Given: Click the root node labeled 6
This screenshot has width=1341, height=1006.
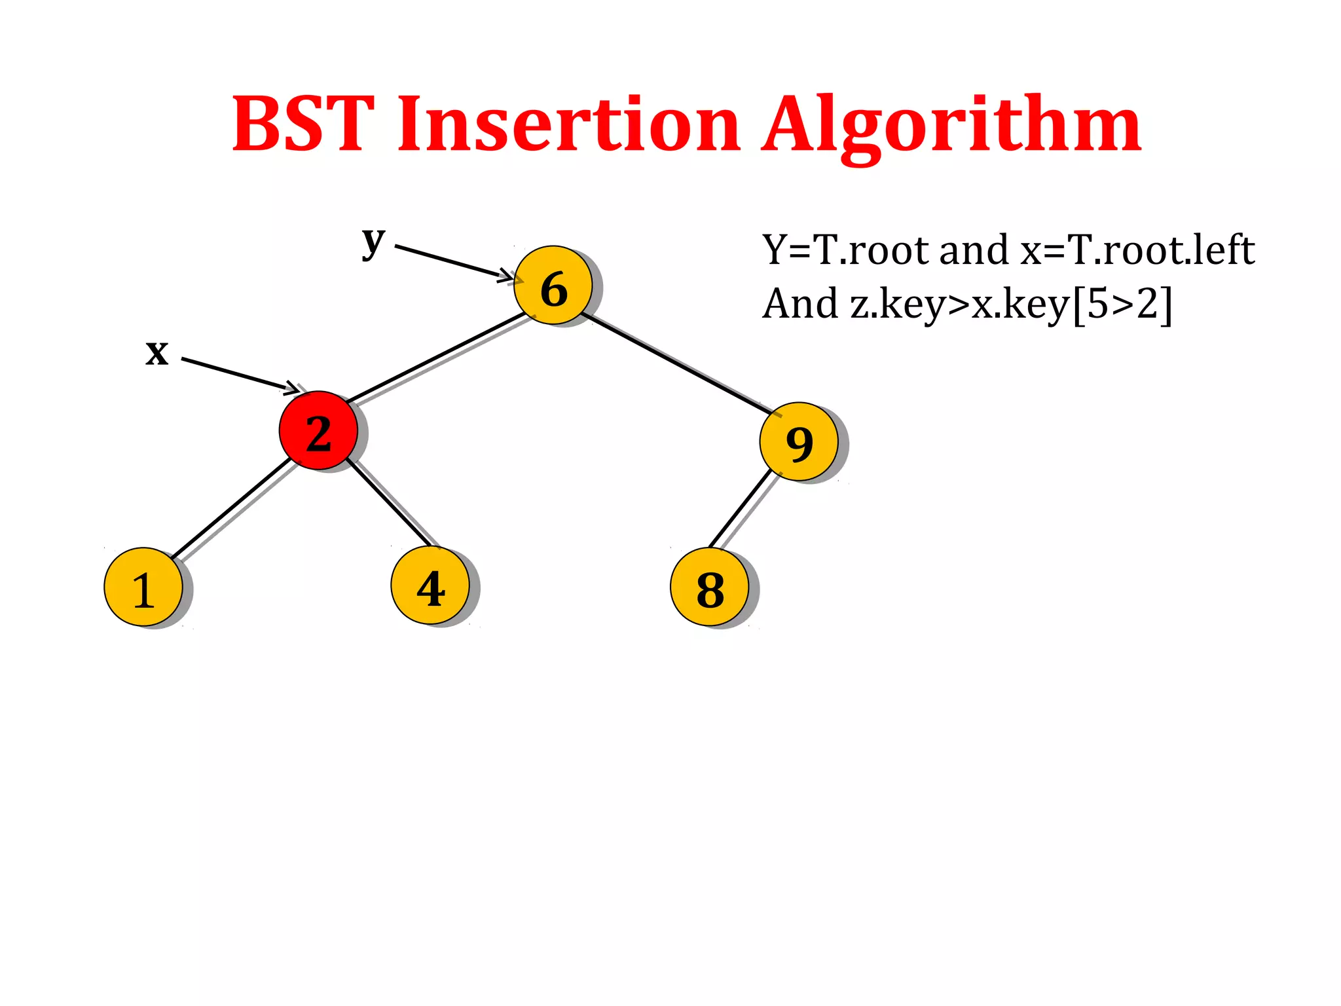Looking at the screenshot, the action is coord(553,286).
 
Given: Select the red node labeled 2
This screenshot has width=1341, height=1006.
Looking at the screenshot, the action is coord(318,430).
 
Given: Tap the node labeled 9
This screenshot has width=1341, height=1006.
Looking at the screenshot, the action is coord(799,441).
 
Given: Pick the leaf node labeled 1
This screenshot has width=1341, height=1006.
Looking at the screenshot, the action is coord(143,587).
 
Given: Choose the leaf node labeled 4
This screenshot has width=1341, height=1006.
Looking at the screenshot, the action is coord(430,586).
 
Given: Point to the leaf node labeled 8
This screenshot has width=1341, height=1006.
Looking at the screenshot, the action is coord(710,587).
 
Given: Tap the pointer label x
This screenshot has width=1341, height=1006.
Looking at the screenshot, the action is coord(157,352).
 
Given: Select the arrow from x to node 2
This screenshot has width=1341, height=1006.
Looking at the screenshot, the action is coord(239,375).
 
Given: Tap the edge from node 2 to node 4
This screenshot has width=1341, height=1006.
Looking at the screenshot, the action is coord(390,503).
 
